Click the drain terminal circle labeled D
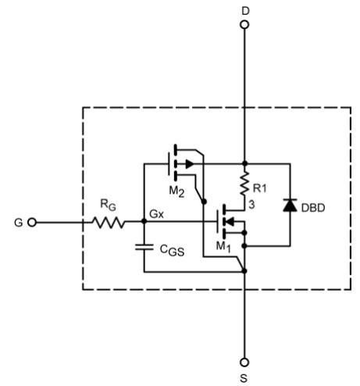pos(244,25)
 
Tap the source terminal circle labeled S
pos(244,363)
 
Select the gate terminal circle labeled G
pos(32,223)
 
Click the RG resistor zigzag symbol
pos(109,223)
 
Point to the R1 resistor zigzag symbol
pos(244,184)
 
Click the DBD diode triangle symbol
pos(290,205)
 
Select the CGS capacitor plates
pos(144,247)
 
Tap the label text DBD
pos(313,208)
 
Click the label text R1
pos(260,188)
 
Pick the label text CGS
pos(172,251)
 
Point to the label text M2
pos(177,192)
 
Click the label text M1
pos(223,246)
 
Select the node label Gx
pos(157,214)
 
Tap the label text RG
pos(108,205)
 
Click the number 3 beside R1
pos(251,205)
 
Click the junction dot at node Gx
pos(144,221)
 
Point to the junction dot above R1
pos(244,163)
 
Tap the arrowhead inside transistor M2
pos(190,164)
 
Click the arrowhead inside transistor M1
pos(230,222)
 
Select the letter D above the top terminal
pos(245,11)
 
